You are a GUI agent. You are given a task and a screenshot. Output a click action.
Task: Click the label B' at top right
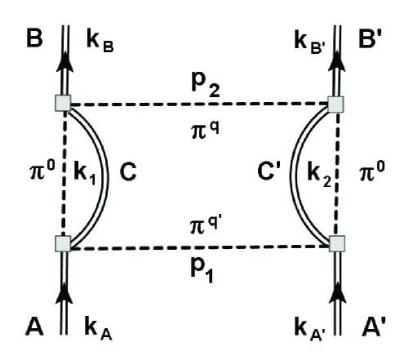click(377, 37)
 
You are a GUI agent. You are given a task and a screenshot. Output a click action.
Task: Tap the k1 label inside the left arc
click(89, 174)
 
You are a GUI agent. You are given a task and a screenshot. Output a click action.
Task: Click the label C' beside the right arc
click(272, 173)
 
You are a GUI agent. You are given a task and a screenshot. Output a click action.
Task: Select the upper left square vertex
click(64, 103)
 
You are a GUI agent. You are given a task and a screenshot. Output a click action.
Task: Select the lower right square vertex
click(336, 242)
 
